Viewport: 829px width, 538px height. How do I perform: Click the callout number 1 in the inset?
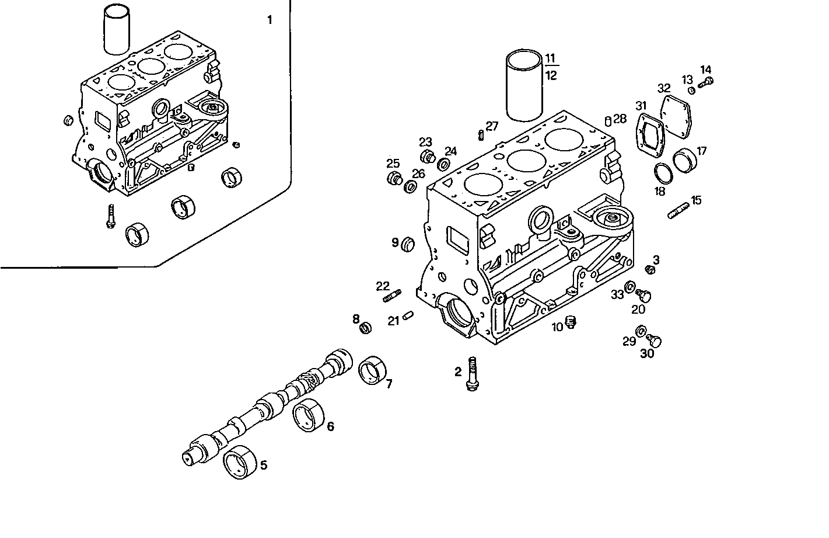pyautogui.click(x=270, y=20)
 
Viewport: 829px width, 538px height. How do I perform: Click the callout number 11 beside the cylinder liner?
pyautogui.click(x=550, y=58)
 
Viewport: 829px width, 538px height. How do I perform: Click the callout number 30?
pyautogui.click(x=648, y=353)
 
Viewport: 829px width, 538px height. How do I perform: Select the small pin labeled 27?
pyautogui.click(x=480, y=134)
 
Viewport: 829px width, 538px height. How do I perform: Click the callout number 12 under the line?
pyautogui.click(x=551, y=75)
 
